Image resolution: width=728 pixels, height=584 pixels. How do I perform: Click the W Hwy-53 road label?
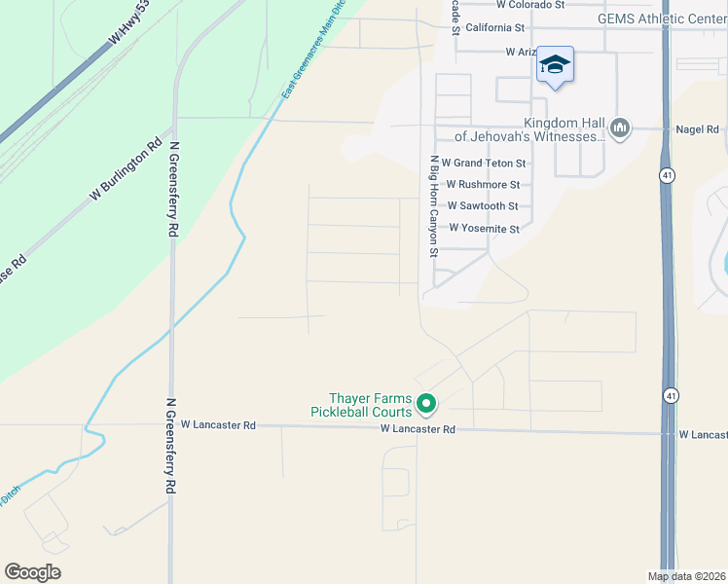pyautogui.click(x=128, y=22)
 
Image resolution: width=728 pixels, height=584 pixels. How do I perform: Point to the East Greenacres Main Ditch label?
pyautogui.click(x=313, y=58)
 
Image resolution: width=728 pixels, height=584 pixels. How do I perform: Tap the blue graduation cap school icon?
pyautogui.click(x=555, y=65)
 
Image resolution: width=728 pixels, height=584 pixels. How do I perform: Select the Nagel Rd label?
pyautogui.click(x=697, y=129)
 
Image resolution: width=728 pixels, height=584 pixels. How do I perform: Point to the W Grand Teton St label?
pyautogui.click(x=484, y=164)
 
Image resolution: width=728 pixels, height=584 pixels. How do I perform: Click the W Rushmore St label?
pyautogui.click(x=483, y=185)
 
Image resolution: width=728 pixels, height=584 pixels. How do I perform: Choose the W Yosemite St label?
pyautogui.click(x=484, y=229)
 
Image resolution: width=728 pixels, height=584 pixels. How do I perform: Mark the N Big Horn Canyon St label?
pyautogui.click(x=435, y=205)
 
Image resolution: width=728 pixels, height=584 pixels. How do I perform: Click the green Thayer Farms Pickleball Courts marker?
pyautogui.click(x=425, y=402)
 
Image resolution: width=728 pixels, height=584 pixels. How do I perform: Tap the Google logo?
pyautogui.click(x=33, y=572)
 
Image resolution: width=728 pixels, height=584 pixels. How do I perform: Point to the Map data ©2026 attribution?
pyautogui.click(x=686, y=576)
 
